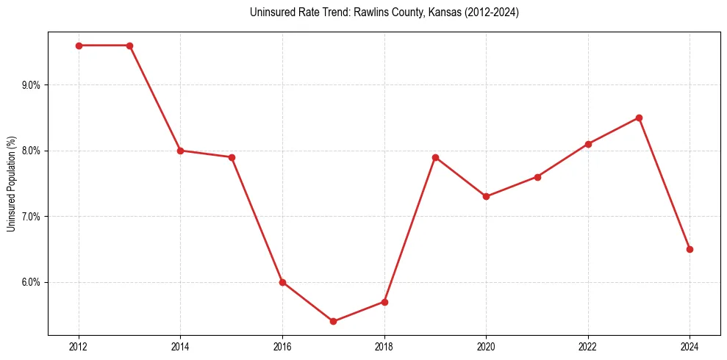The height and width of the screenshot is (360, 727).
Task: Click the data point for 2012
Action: pyautogui.click(x=79, y=46)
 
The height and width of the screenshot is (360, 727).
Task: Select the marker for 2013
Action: pyautogui.click(x=129, y=46)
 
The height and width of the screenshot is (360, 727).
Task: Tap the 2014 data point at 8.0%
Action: pyautogui.click(x=180, y=151)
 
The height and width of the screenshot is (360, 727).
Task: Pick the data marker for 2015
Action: pyautogui.click(x=232, y=157)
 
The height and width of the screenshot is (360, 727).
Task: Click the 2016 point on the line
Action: pyautogui.click(x=282, y=282)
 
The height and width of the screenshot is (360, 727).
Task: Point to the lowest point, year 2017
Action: pyautogui.click(x=333, y=321)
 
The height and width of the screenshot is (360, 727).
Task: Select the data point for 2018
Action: pyautogui.click(x=384, y=302)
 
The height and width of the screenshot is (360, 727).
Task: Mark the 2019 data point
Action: pyautogui.click(x=435, y=157)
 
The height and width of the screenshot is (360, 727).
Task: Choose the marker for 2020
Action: pyautogui.click(x=486, y=196)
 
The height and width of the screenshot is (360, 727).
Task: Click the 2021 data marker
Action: pyautogui.click(x=537, y=177)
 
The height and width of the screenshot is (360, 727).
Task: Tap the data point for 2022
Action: pyautogui.click(x=588, y=144)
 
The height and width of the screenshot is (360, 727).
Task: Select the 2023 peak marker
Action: pyautogui.click(x=639, y=118)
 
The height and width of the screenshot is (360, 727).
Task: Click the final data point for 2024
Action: pyautogui.click(x=690, y=249)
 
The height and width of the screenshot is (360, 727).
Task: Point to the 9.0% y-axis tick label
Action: pyautogui.click(x=32, y=85)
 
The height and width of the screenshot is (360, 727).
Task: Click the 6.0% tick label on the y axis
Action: pyautogui.click(x=32, y=282)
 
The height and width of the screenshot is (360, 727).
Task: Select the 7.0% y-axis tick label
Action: pyautogui.click(x=32, y=217)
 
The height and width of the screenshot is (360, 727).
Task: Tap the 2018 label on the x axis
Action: pyautogui.click(x=384, y=346)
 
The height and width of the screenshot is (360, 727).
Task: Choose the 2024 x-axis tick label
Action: pyautogui.click(x=690, y=346)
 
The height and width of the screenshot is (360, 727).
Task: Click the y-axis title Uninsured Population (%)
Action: pyautogui.click(x=11, y=184)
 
